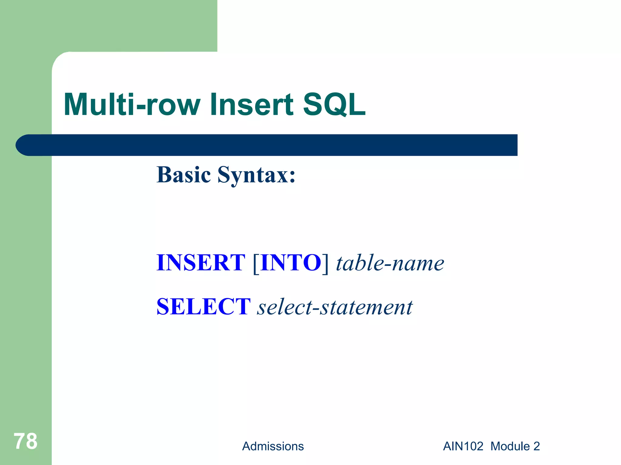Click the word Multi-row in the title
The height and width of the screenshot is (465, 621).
pos(132,104)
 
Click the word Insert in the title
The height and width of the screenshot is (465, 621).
pos(252,104)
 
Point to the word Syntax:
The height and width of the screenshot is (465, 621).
pos(256,176)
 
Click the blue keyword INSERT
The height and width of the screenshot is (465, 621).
pos(200,262)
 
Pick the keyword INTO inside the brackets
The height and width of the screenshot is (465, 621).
pos(290,262)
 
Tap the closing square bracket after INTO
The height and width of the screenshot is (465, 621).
pos(325,263)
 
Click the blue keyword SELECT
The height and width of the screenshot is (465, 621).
pos(203,307)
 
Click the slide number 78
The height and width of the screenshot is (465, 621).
pos(25,441)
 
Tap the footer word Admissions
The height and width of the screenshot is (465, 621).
pos(273,446)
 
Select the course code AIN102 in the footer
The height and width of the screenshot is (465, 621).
pos(463,446)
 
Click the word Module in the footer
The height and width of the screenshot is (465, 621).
pos(510,446)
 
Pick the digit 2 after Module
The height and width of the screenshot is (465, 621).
pos(536,446)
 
